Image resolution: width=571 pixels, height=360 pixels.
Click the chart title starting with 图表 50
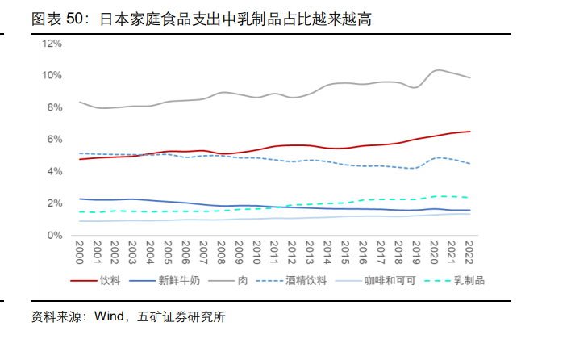(202, 18)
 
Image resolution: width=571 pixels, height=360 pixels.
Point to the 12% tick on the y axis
(52, 43)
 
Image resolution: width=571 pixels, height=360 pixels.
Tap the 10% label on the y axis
(52, 75)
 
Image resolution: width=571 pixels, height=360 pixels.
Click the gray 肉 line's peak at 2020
(436, 70)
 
